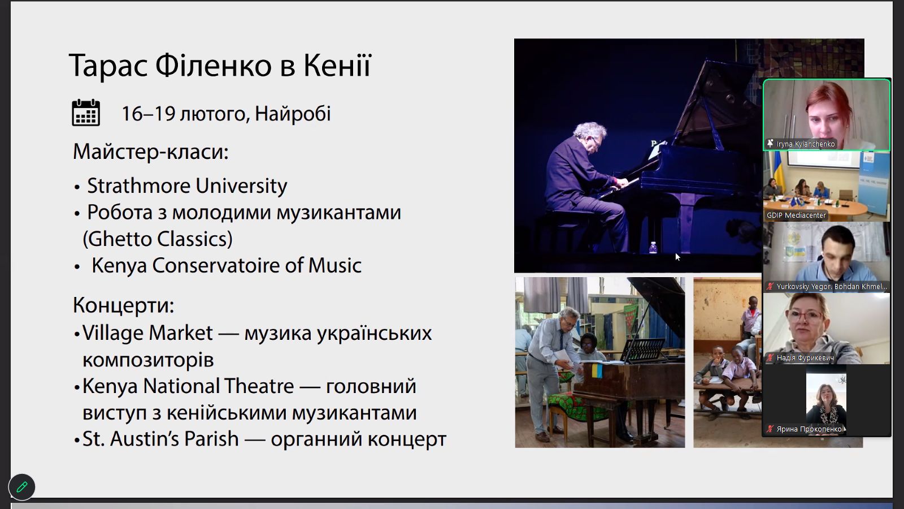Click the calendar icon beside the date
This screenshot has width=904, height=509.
click(86, 113)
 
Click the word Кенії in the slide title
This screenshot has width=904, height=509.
click(337, 66)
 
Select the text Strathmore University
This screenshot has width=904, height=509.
click(187, 186)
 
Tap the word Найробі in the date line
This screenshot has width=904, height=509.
click(293, 114)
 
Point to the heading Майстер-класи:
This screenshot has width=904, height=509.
click(150, 152)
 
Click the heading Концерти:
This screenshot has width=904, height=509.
click(124, 305)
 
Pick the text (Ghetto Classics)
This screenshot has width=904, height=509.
click(158, 239)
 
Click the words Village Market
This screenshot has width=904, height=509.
click(147, 333)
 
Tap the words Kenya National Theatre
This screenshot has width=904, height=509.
click(188, 386)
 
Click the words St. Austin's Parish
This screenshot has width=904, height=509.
click(160, 439)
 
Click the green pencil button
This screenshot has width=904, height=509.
click(22, 487)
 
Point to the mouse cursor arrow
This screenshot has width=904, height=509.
click(677, 257)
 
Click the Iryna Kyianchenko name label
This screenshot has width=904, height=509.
click(805, 144)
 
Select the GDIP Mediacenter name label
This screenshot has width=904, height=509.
click(796, 215)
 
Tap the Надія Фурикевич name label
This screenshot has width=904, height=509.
click(805, 358)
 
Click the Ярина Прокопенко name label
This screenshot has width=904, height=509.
click(809, 429)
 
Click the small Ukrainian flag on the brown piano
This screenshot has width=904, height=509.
click(597, 370)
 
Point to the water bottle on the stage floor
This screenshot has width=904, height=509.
click(653, 247)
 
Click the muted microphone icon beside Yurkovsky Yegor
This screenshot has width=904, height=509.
click(770, 286)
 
